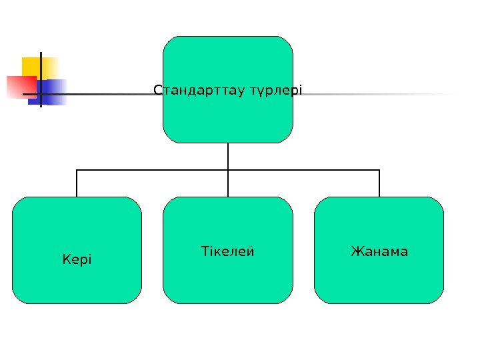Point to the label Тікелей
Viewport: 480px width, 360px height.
[x=228, y=251]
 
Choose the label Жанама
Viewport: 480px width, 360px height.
[x=379, y=251]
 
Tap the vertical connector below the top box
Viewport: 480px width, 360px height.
[x=228, y=156]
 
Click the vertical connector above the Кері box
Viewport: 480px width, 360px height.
[x=77, y=183]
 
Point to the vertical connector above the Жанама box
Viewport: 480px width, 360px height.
[x=379, y=183]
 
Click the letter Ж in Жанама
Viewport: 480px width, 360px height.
[x=355, y=251]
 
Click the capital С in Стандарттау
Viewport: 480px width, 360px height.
[x=157, y=89]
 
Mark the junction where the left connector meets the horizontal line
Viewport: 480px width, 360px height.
[x=77, y=170]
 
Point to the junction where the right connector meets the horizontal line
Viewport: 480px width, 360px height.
[x=379, y=170]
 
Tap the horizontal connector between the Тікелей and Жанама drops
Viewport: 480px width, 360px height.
[x=303, y=170]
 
